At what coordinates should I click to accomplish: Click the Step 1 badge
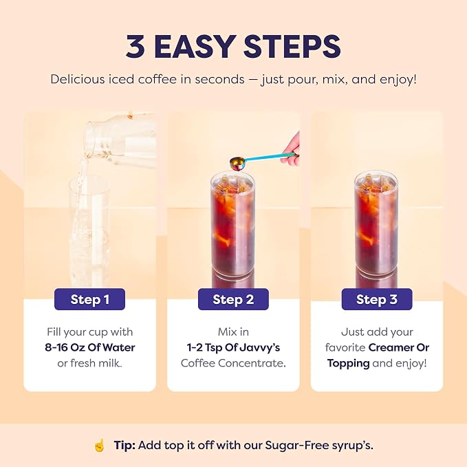point(89,299)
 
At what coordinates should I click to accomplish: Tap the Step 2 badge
point(233,299)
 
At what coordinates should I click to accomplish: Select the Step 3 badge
point(377,299)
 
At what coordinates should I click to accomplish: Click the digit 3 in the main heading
point(135,47)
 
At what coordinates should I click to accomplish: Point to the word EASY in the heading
point(195,47)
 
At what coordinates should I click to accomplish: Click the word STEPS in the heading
point(292,47)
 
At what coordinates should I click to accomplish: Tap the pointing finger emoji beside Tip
point(100,445)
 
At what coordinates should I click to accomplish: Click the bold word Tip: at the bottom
point(124,445)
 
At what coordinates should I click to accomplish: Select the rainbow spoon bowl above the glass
point(237,163)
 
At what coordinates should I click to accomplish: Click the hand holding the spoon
point(290,149)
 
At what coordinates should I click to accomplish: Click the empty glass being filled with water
point(89,232)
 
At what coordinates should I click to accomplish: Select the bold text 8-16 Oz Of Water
point(90,347)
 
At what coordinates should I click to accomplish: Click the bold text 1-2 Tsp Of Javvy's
point(233,347)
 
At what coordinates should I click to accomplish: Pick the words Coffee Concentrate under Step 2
point(232,363)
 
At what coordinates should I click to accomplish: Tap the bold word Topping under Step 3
point(348,364)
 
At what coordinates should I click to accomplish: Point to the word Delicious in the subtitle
point(78,79)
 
